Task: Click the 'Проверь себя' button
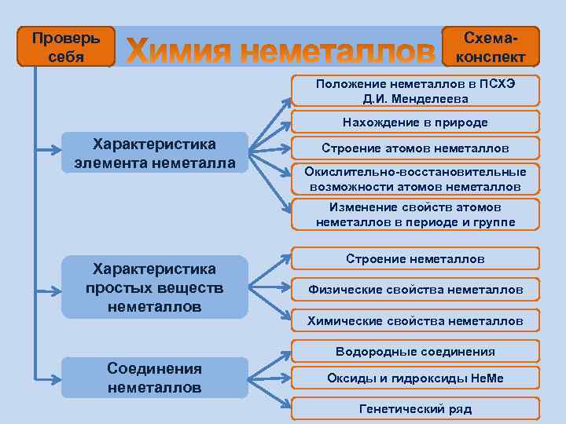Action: pos(66,48)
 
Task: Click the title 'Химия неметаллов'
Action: pos(280,52)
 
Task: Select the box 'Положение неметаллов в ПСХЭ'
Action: pos(415,91)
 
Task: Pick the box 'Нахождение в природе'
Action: pos(415,122)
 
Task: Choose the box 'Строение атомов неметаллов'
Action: pos(415,148)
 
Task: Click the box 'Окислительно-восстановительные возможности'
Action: pos(415,179)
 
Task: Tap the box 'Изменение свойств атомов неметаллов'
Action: pos(415,214)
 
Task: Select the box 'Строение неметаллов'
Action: pos(415,259)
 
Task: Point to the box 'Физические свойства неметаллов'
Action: pos(415,290)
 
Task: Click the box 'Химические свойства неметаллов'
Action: pos(415,320)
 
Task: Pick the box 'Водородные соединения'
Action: pos(415,352)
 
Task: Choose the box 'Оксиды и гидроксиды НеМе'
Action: pos(415,378)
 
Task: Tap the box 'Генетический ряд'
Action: pos(415,409)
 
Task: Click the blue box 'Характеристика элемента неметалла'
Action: pos(155,153)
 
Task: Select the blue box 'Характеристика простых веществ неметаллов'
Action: pos(155,287)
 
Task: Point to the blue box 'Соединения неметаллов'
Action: pos(155,378)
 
